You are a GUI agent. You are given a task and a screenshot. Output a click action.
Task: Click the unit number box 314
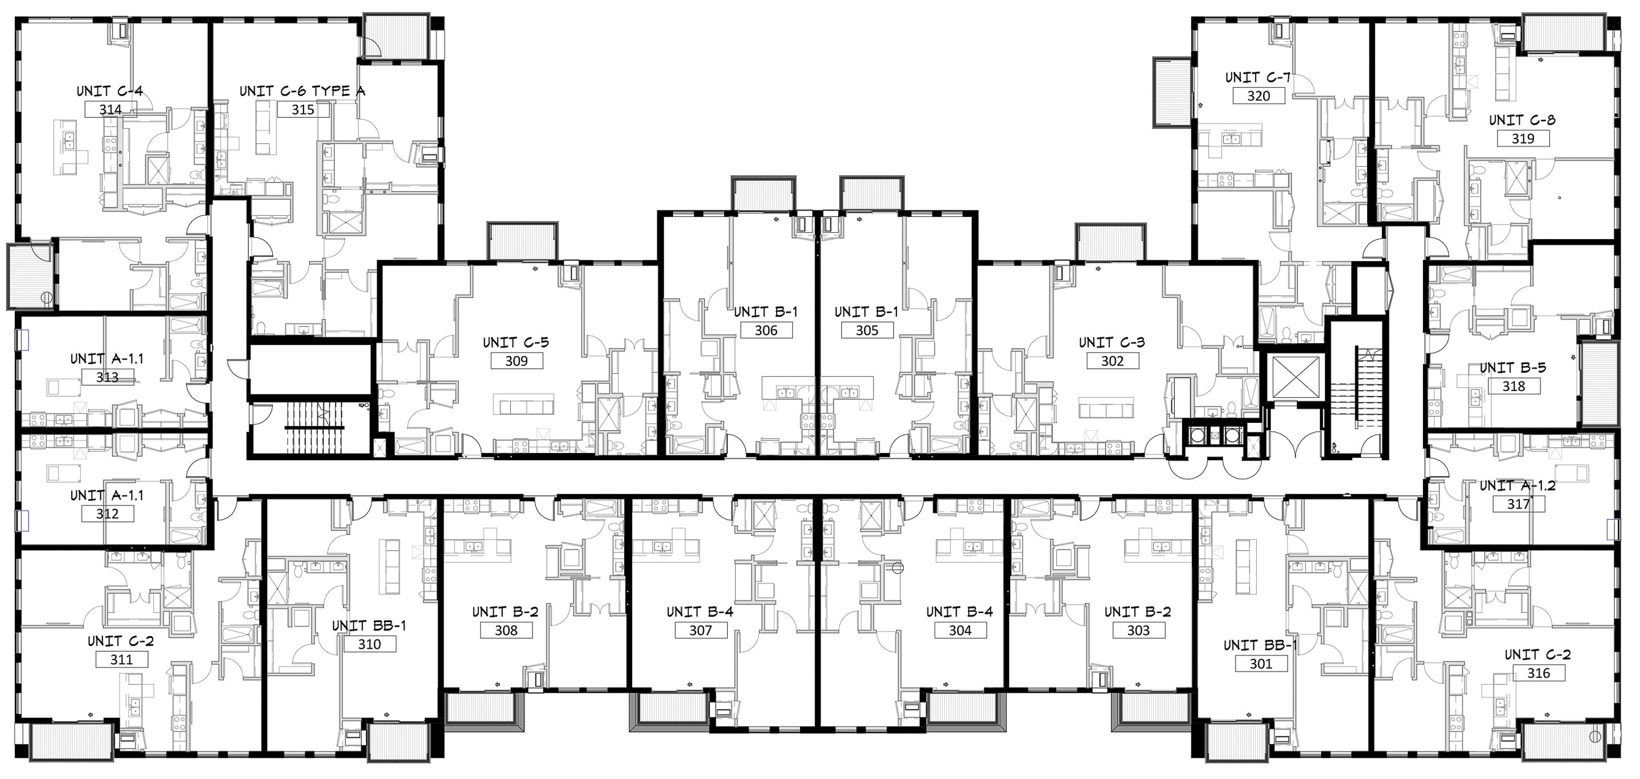pyautogui.click(x=111, y=109)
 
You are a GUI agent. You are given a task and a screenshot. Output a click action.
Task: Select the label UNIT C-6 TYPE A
pyautogui.click(x=302, y=91)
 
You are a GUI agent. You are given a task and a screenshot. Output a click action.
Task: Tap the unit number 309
pyautogui.click(x=516, y=361)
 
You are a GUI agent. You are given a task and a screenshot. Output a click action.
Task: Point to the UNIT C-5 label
pyautogui.click(x=516, y=343)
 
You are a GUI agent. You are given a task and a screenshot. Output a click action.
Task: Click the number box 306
pyautogui.click(x=766, y=330)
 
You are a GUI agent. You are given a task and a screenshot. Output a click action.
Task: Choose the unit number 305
pyautogui.click(x=867, y=330)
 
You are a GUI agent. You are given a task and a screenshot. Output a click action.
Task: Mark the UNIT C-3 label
pyautogui.click(x=1112, y=343)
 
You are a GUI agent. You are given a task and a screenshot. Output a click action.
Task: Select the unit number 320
pyautogui.click(x=1258, y=96)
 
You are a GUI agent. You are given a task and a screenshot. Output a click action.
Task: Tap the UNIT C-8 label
pyautogui.click(x=1522, y=119)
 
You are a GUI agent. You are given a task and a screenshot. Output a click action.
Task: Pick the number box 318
pyautogui.click(x=1514, y=386)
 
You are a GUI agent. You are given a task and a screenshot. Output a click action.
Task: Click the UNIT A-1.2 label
pyautogui.click(x=1517, y=485)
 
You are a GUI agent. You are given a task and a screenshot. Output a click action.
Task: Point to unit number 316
pyautogui.click(x=1538, y=673)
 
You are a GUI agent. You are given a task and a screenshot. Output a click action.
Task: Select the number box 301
pyautogui.click(x=1261, y=664)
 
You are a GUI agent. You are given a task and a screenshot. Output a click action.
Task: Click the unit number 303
pyautogui.click(x=1138, y=630)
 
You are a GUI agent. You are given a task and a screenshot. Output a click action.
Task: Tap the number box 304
pyautogui.click(x=960, y=630)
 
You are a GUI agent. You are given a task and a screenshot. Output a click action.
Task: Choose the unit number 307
pyautogui.click(x=700, y=630)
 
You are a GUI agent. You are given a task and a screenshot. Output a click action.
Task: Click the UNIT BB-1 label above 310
pyautogui.click(x=368, y=625)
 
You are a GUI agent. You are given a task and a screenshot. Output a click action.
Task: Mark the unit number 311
pyautogui.click(x=122, y=660)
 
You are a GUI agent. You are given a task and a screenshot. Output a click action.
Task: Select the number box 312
pyautogui.click(x=108, y=514)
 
